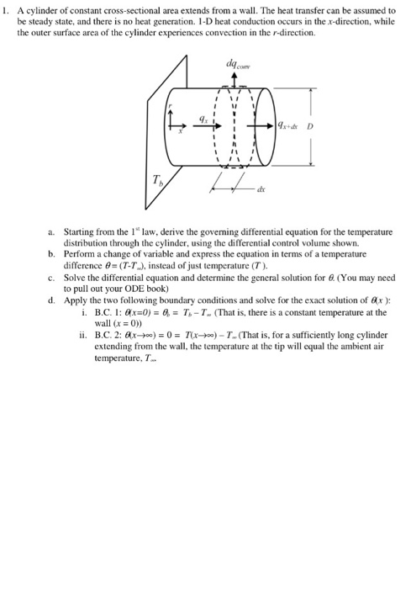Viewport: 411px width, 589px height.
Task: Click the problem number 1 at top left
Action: (5, 10)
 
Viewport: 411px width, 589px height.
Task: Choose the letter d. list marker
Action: (52, 300)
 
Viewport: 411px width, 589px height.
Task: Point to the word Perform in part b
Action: (79, 253)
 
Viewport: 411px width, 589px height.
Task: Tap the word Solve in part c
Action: (74, 277)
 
